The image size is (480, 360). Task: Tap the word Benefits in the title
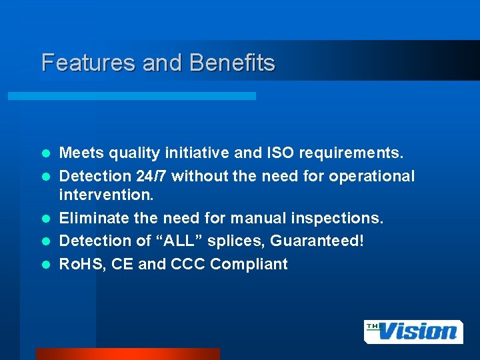click(232, 63)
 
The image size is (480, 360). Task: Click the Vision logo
click(413, 331)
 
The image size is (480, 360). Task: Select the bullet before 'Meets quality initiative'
click(47, 154)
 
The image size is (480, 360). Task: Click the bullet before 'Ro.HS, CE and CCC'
click(47, 265)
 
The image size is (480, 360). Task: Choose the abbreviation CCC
click(187, 264)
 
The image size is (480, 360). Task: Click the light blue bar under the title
click(131, 96)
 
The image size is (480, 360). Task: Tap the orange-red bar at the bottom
click(127, 354)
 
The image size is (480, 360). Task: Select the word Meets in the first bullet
click(81, 153)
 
